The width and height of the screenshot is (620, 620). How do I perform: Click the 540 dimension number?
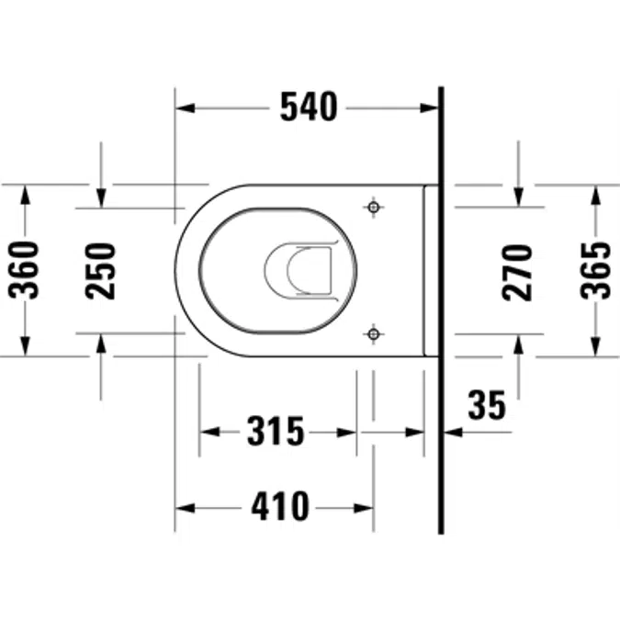tap(309, 107)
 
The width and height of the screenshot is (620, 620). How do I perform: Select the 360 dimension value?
tap(24, 270)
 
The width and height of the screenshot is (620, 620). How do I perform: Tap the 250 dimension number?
tap(100, 271)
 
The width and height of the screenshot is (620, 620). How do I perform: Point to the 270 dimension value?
tap(517, 273)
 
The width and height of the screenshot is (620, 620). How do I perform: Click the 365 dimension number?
tap(595, 270)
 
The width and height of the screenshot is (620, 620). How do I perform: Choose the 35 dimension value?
tap(487, 405)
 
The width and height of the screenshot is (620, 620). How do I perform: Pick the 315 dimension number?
tap(276, 431)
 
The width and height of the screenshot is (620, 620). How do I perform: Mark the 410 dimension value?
tap(280, 506)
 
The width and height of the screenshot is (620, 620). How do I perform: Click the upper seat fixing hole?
tap(374, 207)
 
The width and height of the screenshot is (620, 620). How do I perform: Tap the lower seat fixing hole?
tap(374, 334)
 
